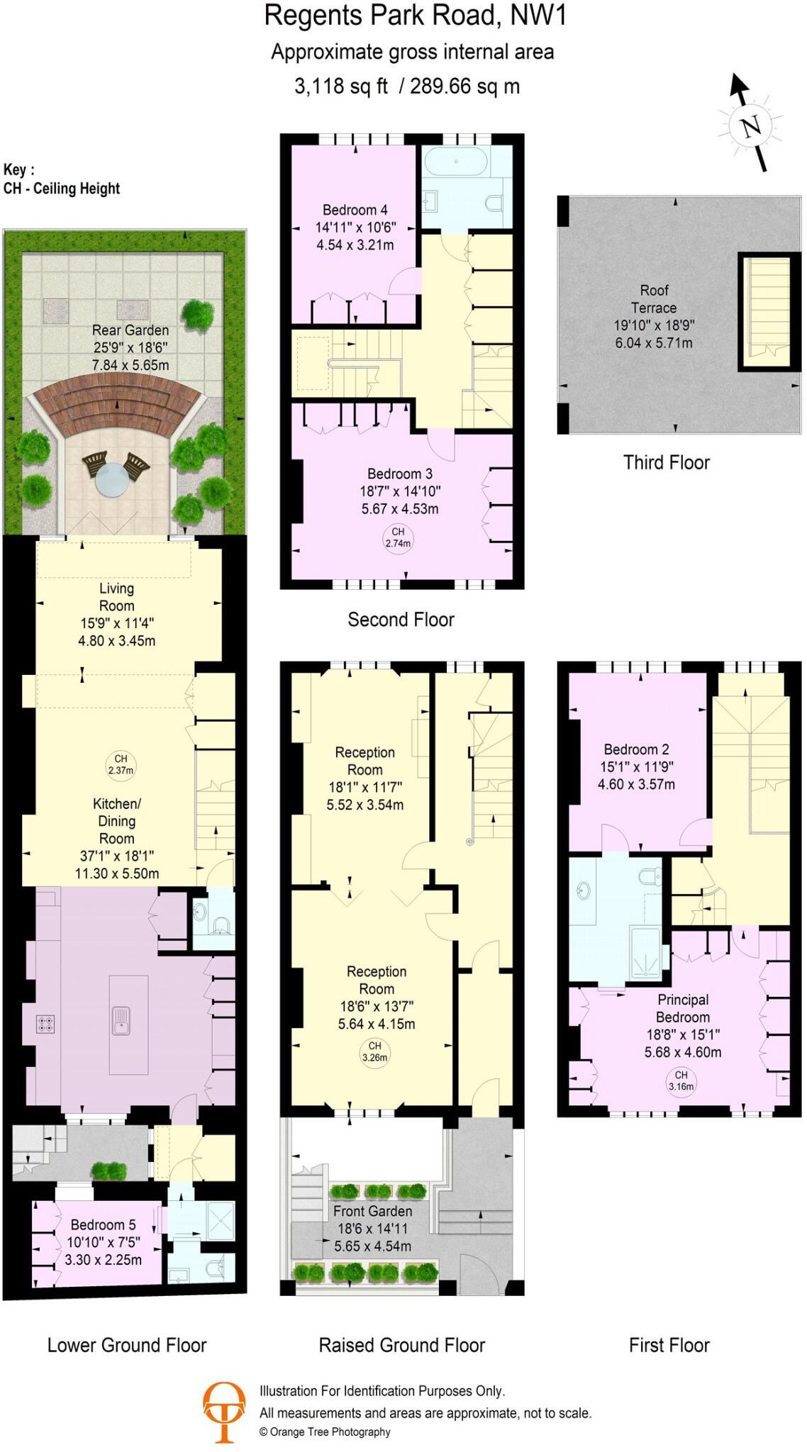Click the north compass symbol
pyautogui.click(x=750, y=125)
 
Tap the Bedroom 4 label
pyautogui.click(x=355, y=210)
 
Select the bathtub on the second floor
pyautogui.click(x=456, y=162)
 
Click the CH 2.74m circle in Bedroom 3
pyautogui.click(x=398, y=537)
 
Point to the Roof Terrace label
pyautogui.click(x=654, y=299)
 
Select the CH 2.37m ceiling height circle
pyautogui.click(x=121, y=764)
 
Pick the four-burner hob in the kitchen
pyautogui.click(x=45, y=1023)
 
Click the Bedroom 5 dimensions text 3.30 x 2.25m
pyautogui.click(x=104, y=1260)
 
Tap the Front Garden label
pyautogui.click(x=372, y=1211)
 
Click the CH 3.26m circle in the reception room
pyautogui.click(x=374, y=1051)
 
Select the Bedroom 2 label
pyautogui.click(x=636, y=749)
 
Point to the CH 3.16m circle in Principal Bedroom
pyautogui.click(x=681, y=1080)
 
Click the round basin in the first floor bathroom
pyautogui.click(x=584, y=890)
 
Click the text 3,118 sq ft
pyautogui.click(x=341, y=86)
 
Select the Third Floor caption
pyautogui.click(x=666, y=463)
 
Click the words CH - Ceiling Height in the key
pyautogui.click(x=62, y=189)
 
